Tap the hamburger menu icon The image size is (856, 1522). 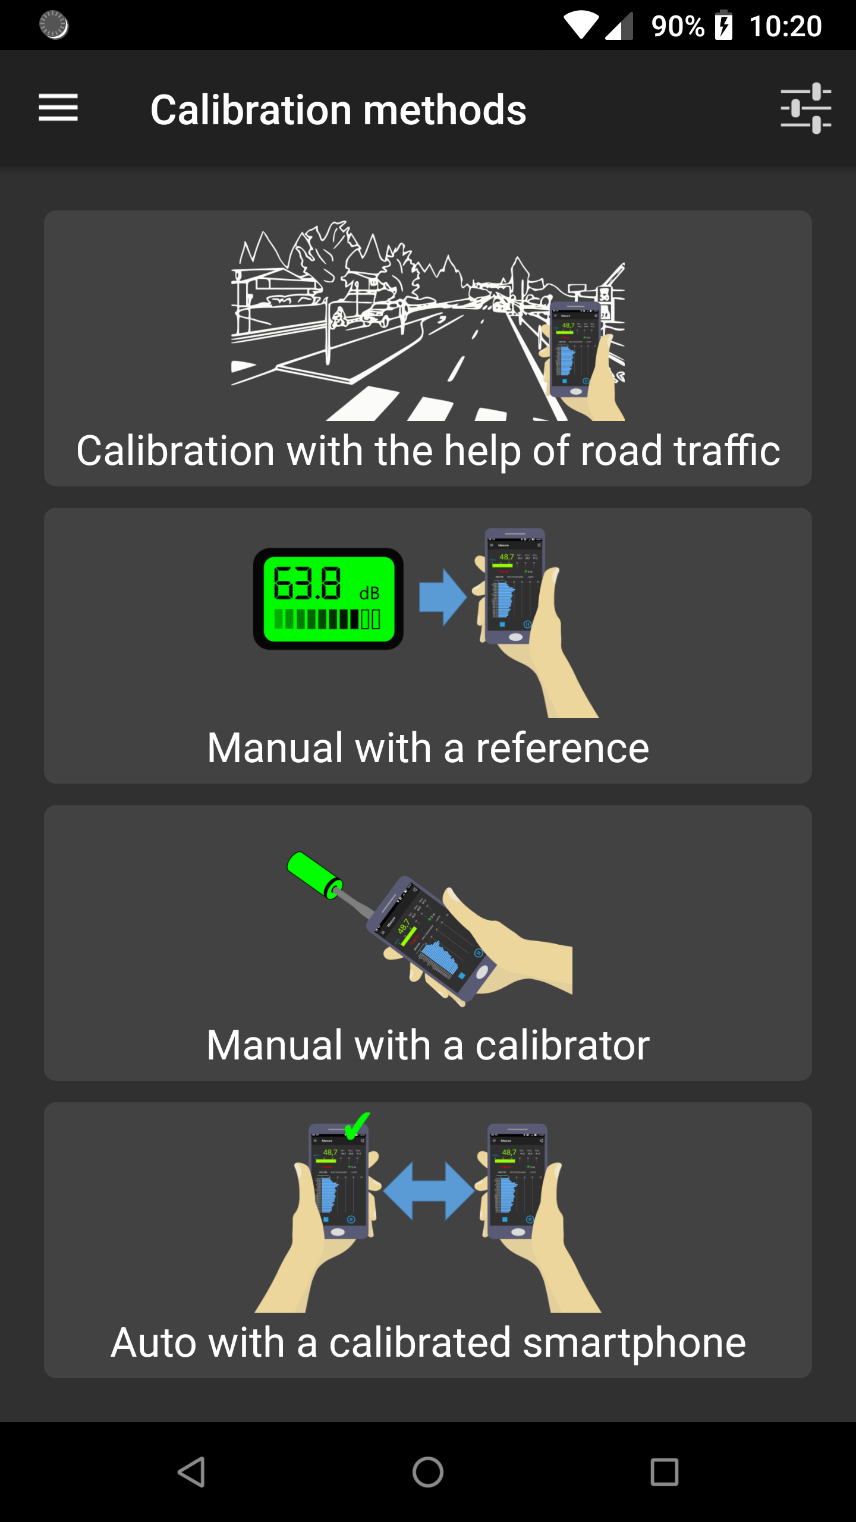click(x=58, y=108)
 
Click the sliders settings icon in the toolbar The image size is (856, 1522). click(x=805, y=108)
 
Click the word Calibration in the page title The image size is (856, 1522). click(x=251, y=111)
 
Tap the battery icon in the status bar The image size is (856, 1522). click(x=723, y=26)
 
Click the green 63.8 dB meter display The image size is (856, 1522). click(x=328, y=598)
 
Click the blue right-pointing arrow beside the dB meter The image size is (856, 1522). click(x=442, y=598)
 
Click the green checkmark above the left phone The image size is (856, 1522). click(x=357, y=1125)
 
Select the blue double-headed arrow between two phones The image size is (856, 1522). click(x=429, y=1191)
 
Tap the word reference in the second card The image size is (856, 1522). click(x=562, y=748)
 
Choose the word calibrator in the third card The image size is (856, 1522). click(x=562, y=1045)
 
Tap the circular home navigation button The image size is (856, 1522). click(x=428, y=1472)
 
